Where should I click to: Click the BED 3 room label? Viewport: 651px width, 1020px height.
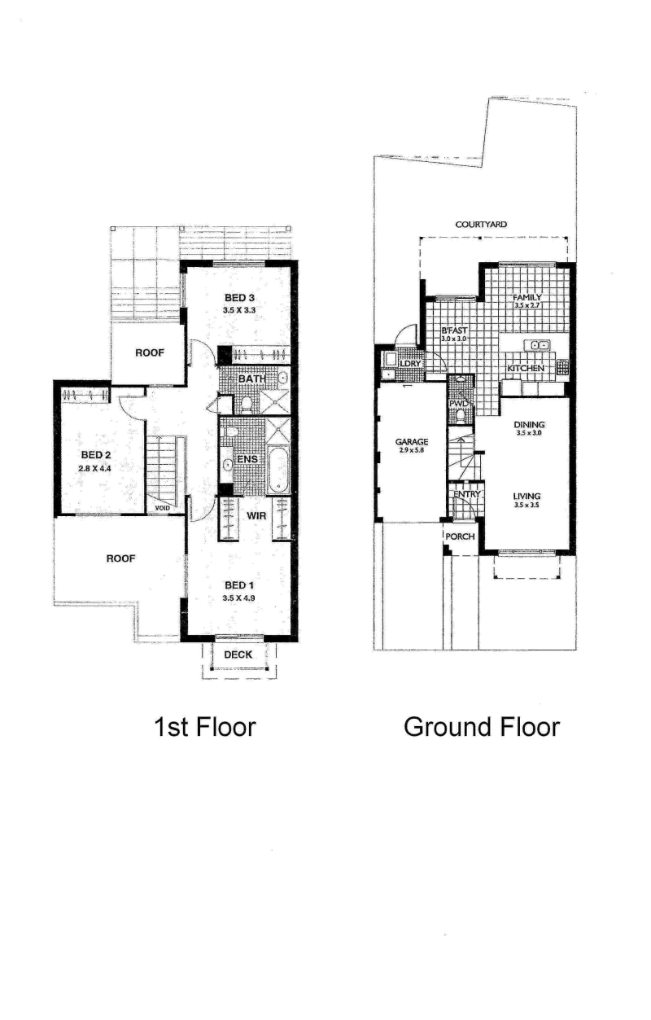(x=239, y=298)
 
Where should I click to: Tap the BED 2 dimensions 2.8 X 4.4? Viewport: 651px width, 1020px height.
(x=94, y=467)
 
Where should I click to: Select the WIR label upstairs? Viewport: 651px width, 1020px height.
(x=256, y=516)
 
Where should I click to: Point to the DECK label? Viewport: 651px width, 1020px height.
(x=238, y=654)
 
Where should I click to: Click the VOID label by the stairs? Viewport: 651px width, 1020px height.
(x=163, y=508)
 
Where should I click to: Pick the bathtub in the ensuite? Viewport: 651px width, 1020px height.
(x=277, y=471)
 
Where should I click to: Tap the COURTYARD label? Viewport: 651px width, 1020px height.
(x=481, y=225)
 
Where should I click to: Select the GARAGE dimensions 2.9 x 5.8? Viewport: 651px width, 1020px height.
(x=412, y=450)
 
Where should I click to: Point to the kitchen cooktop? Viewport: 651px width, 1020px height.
(x=562, y=366)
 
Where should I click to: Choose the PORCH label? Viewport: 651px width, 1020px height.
(x=460, y=537)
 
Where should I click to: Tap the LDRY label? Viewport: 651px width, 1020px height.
(x=409, y=364)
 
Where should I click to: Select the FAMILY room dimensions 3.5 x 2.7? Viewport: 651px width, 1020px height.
(x=526, y=305)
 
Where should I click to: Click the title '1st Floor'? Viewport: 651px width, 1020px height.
(x=205, y=727)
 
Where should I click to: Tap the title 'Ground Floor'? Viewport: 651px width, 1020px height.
(x=482, y=727)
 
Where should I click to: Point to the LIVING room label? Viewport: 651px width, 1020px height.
(x=526, y=497)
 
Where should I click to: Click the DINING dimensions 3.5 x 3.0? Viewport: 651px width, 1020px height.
(x=529, y=433)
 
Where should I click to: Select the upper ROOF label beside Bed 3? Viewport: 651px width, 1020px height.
(x=149, y=352)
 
